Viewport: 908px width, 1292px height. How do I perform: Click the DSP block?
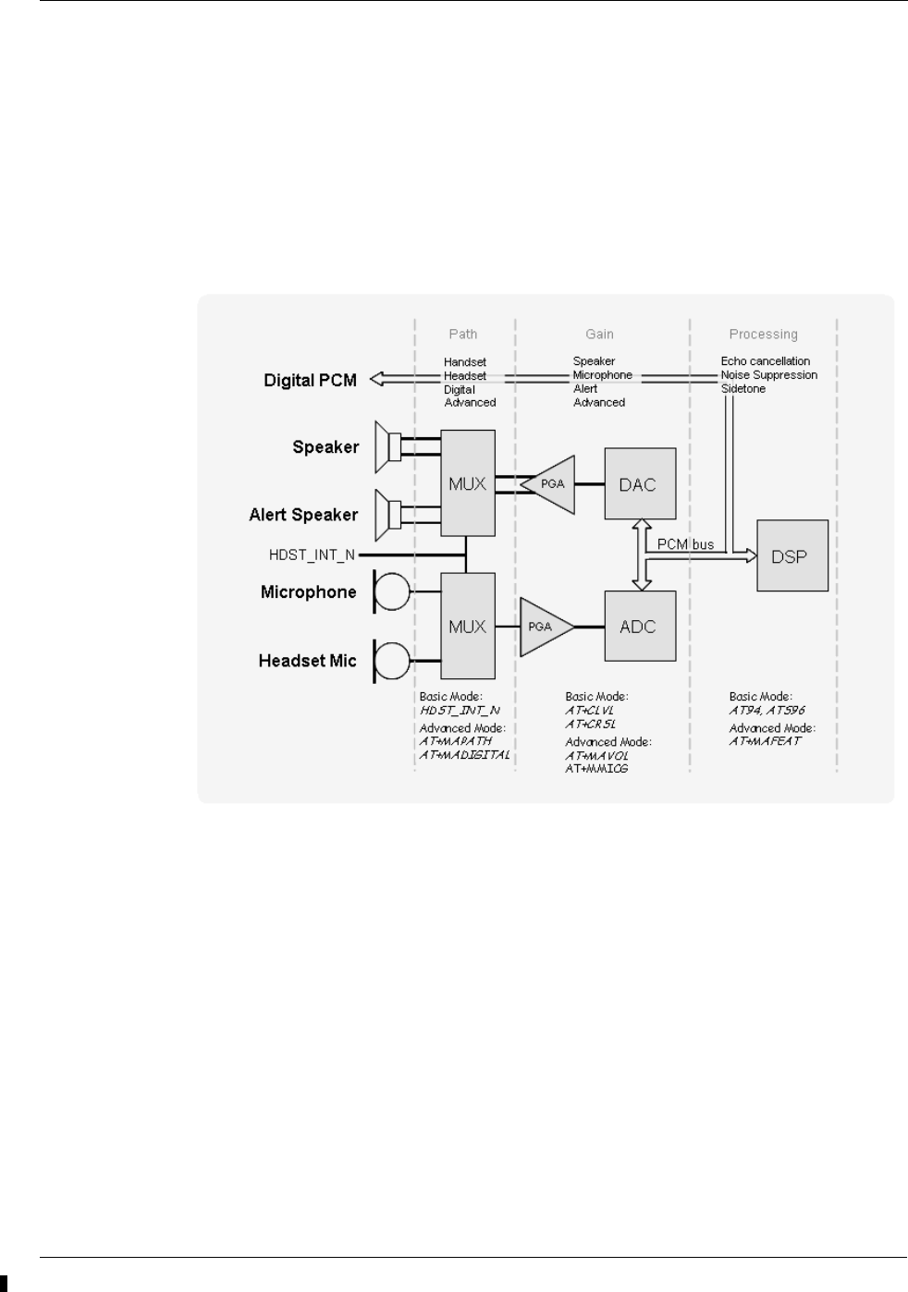(x=792, y=555)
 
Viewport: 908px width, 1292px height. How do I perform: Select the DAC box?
(x=640, y=484)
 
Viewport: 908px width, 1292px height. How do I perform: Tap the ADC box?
(x=640, y=626)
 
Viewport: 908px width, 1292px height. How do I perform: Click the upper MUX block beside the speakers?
(x=467, y=482)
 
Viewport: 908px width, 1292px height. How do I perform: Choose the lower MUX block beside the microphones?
(x=467, y=626)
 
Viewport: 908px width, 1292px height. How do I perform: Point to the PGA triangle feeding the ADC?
(x=544, y=627)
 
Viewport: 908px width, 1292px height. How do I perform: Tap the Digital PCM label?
(x=310, y=380)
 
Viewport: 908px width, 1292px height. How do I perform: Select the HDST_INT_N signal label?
(x=312, y=555)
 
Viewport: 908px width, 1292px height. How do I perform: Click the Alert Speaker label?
(x=303, y=515)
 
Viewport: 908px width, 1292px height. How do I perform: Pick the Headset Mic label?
(x=307, y=661)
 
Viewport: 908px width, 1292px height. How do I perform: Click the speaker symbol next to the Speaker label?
(x=387, y=447)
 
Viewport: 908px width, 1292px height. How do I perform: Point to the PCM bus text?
(x=685, y=544)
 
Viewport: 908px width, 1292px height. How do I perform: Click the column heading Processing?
(x=763, y=335)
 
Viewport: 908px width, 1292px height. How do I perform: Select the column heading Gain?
(x=599, y=335)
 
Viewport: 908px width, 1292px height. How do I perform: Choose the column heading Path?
(x=463, y=335)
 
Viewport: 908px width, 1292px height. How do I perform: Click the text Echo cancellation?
(x=765, y=361)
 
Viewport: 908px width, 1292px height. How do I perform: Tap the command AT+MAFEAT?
(x=765, y=741)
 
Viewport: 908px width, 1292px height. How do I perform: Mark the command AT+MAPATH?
(x=456, y=741)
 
